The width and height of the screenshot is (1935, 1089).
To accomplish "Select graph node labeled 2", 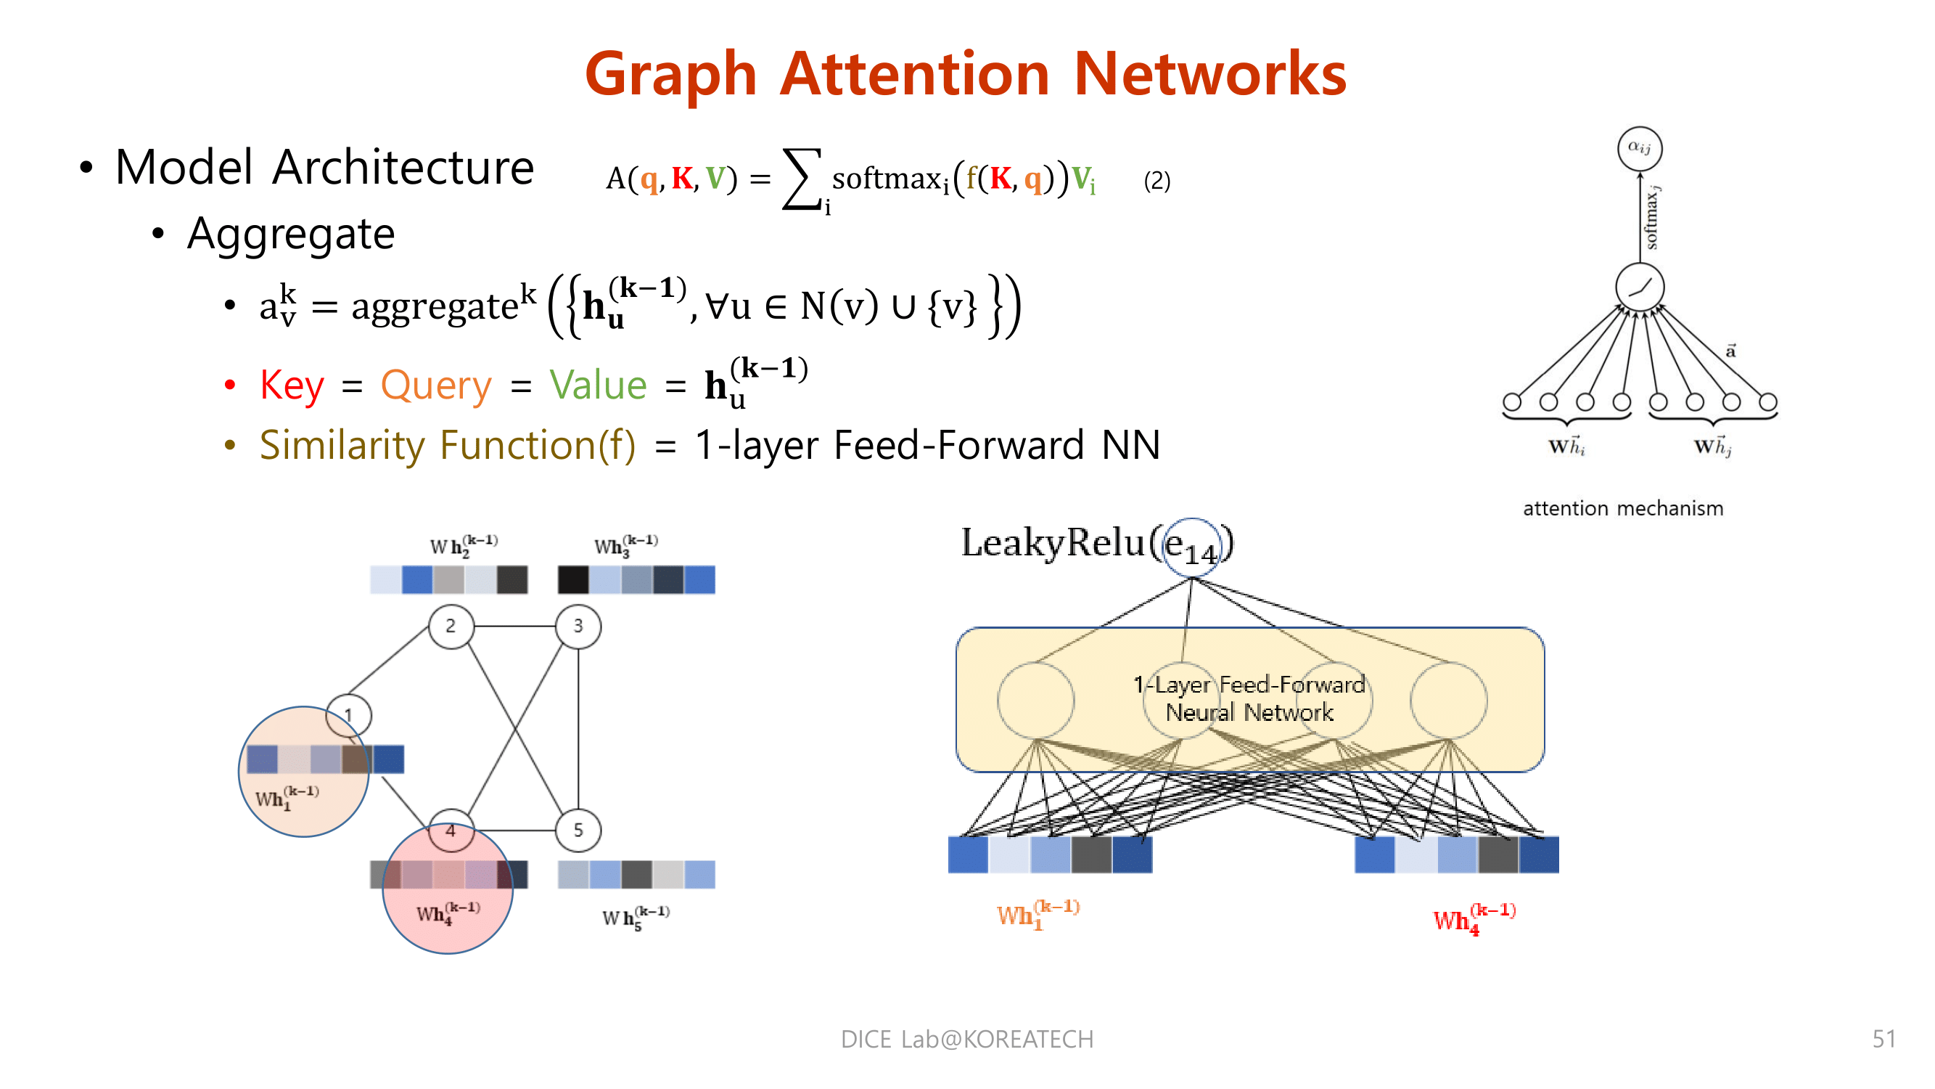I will coord(451,626).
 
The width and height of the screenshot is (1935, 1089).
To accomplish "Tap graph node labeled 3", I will coord(578,626).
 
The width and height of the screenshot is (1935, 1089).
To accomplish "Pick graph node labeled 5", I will coord(578,830).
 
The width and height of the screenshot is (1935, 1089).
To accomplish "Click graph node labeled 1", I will coord(348,714).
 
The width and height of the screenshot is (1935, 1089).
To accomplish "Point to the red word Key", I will coord(292,386).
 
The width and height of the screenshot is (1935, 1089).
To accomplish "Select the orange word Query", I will coord(435,386).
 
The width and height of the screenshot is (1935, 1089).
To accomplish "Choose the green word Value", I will coord(598,386).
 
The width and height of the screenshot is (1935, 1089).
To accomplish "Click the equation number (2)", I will coord(1157,181).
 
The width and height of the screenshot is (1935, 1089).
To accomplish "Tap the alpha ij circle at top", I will coord(1639,148).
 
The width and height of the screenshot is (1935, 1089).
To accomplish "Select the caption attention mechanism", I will coord(1622,509).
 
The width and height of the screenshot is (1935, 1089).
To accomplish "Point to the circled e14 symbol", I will coord(1191,547).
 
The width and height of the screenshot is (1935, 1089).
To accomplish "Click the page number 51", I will coord(1883,1039).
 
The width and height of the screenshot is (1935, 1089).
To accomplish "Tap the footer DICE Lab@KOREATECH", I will coord(966,1039).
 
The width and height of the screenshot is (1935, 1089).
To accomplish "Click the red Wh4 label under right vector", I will coord(1472,918).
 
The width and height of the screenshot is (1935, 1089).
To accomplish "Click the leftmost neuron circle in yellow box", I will coord(1035,701).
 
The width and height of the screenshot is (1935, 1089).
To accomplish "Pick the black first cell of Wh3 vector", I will coord(573,580).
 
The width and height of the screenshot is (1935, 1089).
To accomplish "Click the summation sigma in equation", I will coord(801,179).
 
